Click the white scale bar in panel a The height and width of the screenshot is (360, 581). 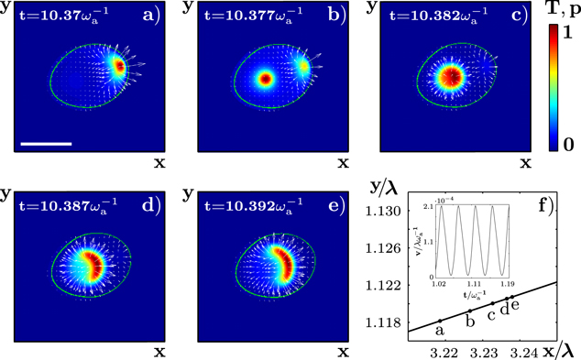click(45, 143)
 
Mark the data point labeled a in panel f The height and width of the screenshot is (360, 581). click(439, 321)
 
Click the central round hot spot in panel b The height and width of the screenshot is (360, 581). click(266, 80)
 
